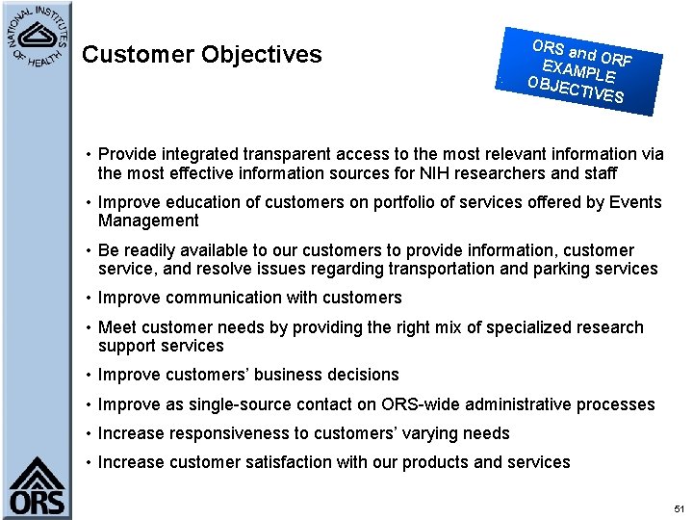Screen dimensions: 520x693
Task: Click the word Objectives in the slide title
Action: point(262,55)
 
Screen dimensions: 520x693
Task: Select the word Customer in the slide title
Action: point(138,55)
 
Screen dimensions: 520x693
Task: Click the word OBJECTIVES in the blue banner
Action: point(575,89)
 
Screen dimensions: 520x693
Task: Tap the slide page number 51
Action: point(680,507)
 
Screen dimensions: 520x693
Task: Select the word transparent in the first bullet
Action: point(271,154)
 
